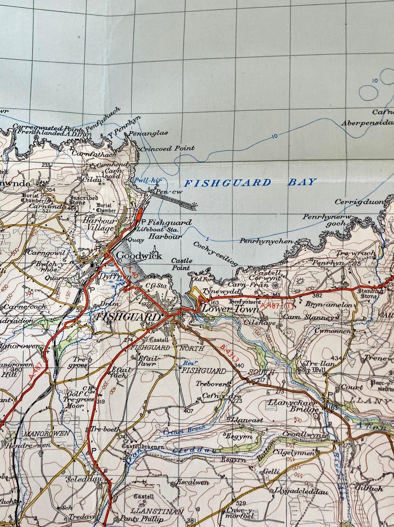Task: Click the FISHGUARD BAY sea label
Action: tap(250, 182)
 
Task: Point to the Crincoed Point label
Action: tap(167, 148)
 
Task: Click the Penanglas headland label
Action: tap(148, 133)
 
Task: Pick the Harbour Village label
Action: tap(99, 224)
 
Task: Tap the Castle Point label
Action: tap(181, 264)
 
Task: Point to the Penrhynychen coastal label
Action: tap(266, 241)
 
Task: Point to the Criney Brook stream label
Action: tap(178, 432)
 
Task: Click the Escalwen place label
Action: tap(193, 481)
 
